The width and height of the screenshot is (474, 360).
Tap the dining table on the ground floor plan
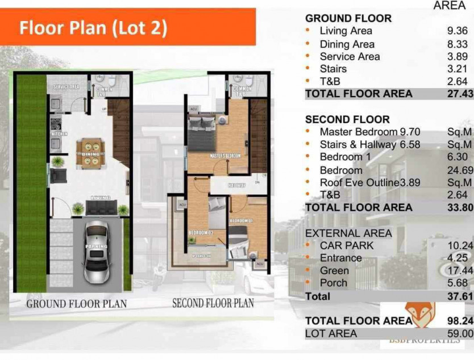click(x=90, y=153)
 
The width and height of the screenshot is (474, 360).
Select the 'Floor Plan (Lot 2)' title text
click(x=94, y=28)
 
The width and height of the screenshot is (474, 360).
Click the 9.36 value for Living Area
click(x=458, y=31)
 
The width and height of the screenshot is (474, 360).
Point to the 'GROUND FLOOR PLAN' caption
click(x=76, y=304)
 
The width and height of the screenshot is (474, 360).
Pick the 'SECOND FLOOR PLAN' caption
click(x=213, y=303)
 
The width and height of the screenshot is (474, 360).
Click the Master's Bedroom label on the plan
click(x=225, y=156)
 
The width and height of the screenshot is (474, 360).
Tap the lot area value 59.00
click(x=460, y=334)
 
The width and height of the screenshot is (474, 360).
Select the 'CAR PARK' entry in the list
click(x=347, y=245)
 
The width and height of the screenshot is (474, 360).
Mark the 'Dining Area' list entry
click(x=347, y=44)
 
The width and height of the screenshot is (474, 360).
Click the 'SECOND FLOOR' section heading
click(x=347, y=120)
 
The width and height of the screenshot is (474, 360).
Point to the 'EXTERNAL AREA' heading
click(x=348, y=233)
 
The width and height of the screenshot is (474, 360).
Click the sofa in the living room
click(x=101, y=208)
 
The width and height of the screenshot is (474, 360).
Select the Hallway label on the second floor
click(x=238, y=186)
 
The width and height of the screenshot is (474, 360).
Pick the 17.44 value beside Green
click(x=460, y=270)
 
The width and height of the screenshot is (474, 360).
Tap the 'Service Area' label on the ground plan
click(x=65, y=87)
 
